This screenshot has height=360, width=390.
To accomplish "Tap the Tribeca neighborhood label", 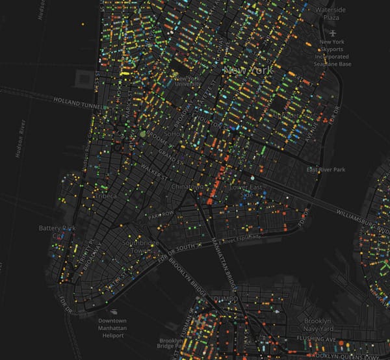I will tap(105, 196).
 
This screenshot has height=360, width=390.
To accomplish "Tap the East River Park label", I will tap(326, 170).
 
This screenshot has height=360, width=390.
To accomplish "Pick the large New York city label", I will tap(242, 69).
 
